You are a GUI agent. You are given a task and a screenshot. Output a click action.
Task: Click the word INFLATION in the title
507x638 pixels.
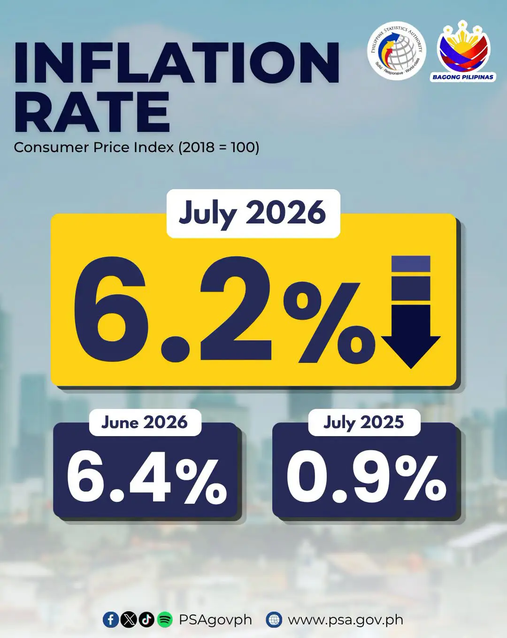pyautogui.click(x=177, y=62)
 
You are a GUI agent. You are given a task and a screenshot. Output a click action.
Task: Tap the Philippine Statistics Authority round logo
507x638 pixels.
pyautogui.click(x=397, y=50)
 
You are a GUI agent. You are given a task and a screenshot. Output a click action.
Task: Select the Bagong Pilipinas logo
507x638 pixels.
pyautogui.click(x=463, y=51)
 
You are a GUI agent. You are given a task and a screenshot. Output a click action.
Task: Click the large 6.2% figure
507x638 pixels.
pyautogui.click(x=224, y=309)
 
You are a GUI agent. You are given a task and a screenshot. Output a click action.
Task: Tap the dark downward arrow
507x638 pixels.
pyautogui.click(x=411, y=312)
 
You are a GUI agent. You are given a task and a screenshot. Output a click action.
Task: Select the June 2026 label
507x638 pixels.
pyautogui.click(x=145, y=423)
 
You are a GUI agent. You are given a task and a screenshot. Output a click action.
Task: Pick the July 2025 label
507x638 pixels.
pyautogui.click(x=364, y=423)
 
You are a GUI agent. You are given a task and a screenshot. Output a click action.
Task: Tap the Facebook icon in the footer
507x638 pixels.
pyautogui.click(x=111, y=619)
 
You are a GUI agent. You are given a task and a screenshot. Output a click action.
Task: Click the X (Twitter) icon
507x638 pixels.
pyautogui.click(x=128, y=619)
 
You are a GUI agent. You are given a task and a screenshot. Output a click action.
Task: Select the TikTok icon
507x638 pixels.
pyautogui.click(x=146, y=619)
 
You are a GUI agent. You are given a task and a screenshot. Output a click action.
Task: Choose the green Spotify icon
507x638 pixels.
pyautogui.click(x=165, y=619)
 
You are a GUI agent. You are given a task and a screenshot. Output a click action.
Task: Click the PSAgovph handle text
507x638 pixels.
pyautogui.click(x=215, y=620)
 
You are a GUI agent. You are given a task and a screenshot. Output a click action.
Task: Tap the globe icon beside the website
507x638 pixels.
pyautogui.click(x=274, y=619)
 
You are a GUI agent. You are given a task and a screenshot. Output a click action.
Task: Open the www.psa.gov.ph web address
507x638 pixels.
pyautogui.click(x=346, y=620)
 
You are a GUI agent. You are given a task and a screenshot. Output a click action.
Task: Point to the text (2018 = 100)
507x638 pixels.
pyautogui.click(x=219, y=147)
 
